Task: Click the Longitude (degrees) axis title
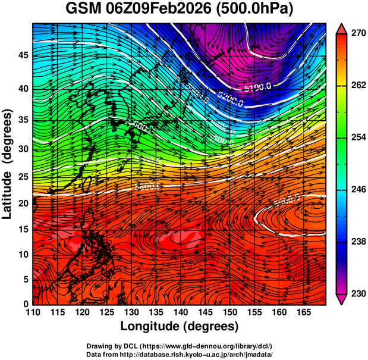pos(180,327)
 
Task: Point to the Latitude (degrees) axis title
pos(8,164)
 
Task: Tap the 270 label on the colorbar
pos(356,34)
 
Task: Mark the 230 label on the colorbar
pos(356,293)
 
